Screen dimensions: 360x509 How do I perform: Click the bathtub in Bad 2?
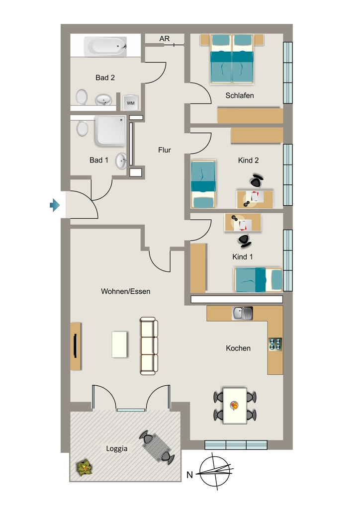105,47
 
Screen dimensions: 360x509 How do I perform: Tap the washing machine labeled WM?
130,102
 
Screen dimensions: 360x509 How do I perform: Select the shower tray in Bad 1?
110,131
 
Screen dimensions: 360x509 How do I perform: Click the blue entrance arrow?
55,205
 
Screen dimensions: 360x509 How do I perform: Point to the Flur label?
165,150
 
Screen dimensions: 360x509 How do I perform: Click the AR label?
165,39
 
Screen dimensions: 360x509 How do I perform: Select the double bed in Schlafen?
232,59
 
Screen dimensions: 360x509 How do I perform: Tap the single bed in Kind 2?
203,184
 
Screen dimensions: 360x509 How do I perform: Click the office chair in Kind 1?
244,240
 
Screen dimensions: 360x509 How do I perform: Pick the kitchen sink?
242,313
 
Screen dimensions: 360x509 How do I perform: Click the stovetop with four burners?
275,344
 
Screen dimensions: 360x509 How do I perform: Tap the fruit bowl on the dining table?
234,405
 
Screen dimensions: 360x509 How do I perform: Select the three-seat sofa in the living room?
149,346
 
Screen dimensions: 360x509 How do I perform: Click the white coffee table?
119,344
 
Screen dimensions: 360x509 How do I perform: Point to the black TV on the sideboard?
75,345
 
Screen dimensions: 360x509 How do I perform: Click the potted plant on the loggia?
85,468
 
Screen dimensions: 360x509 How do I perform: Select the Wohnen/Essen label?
126,291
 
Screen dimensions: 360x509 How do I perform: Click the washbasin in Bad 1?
121,161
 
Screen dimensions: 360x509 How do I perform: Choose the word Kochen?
238,348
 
